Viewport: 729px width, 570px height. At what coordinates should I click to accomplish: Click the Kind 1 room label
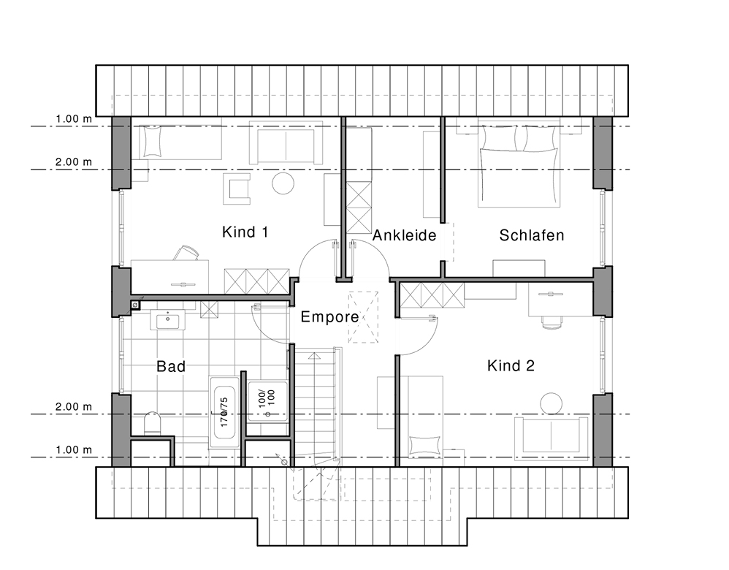(245, 232)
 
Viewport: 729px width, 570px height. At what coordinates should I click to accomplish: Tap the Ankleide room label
(405, 235)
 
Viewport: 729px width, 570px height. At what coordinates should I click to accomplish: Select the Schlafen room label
(531, 235)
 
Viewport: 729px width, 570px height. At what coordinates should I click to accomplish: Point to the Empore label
(329, 317)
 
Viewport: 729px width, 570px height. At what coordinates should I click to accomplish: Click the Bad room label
(171, 366)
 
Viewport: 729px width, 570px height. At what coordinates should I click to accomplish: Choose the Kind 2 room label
(511, 365)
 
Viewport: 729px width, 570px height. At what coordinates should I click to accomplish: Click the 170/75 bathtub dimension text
(224, 412)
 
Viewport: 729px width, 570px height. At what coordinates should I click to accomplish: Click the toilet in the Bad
(153, 423)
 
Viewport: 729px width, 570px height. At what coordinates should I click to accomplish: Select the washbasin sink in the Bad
(167, 321)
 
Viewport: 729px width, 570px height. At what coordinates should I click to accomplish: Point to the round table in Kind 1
(283, 183)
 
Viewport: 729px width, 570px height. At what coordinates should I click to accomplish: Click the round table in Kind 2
(551, 403)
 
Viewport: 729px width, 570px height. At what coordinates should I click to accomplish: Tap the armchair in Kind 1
(237, 189)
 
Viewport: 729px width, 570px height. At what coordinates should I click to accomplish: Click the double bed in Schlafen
(519, 162)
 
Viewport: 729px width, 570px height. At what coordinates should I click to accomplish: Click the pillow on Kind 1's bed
(151, 141)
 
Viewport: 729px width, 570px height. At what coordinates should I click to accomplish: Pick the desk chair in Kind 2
(552, 322)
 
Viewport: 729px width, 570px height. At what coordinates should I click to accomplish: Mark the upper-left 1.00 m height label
(74, 118)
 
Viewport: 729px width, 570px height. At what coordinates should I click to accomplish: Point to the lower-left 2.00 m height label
(74, 407)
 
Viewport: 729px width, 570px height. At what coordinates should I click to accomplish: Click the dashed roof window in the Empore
(363, 317)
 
